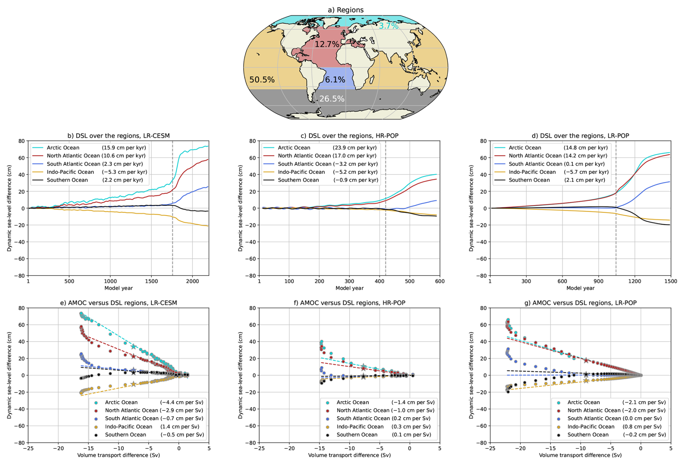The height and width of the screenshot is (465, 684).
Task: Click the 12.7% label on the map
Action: click(x=327, y=44)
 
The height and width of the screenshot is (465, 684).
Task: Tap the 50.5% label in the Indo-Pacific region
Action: click(x=262, y=80)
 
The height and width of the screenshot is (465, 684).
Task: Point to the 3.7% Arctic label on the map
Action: click(x=388, y=26)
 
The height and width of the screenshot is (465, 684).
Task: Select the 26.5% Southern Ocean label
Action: click(x=332, y=99)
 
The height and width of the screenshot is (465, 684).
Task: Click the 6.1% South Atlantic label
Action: click(x=335, y=80)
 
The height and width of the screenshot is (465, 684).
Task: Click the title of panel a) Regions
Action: click(x=346, y=10)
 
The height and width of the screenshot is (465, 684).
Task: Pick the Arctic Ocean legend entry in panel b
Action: click(x=63, y=148)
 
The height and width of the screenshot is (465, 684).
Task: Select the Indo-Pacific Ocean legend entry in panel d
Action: click(x=532, y=172)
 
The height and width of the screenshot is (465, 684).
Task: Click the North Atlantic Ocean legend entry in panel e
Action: click(x=132, y=410)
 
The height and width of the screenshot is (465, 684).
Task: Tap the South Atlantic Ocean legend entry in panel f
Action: click(x=363, y=418)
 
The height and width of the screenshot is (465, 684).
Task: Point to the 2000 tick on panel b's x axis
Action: click(x=192, y=281)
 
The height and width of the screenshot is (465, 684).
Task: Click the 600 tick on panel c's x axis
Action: click(x=440, y=281)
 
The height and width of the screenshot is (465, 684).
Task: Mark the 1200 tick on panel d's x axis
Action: click(x=634, y=281)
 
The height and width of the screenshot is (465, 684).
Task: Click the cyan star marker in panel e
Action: click(x=133, y=347)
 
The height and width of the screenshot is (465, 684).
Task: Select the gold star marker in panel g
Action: click(x=586, y=381)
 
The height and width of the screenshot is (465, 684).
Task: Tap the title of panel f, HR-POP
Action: click(x=349, y=303)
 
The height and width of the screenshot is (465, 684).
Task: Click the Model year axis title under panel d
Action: click(x=580, y=288)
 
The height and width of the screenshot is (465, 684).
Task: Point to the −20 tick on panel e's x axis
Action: click(x=58, y=448)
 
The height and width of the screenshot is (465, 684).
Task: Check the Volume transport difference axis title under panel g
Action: click(x=580, y=455)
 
